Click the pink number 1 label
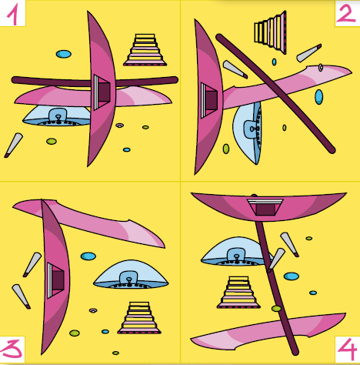12,15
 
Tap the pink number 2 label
345,13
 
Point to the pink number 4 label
347,349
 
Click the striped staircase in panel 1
145,50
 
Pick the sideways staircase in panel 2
270,32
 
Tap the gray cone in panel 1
13,145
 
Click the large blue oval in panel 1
64,54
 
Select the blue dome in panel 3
131,275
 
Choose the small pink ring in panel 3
93,310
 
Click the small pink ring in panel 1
119,126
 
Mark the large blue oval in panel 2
318,97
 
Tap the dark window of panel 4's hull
265,209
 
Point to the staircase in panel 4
238,293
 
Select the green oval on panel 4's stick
277,308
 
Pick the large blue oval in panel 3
88,256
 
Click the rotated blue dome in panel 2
247,132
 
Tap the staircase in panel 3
139,318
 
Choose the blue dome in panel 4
236,252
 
